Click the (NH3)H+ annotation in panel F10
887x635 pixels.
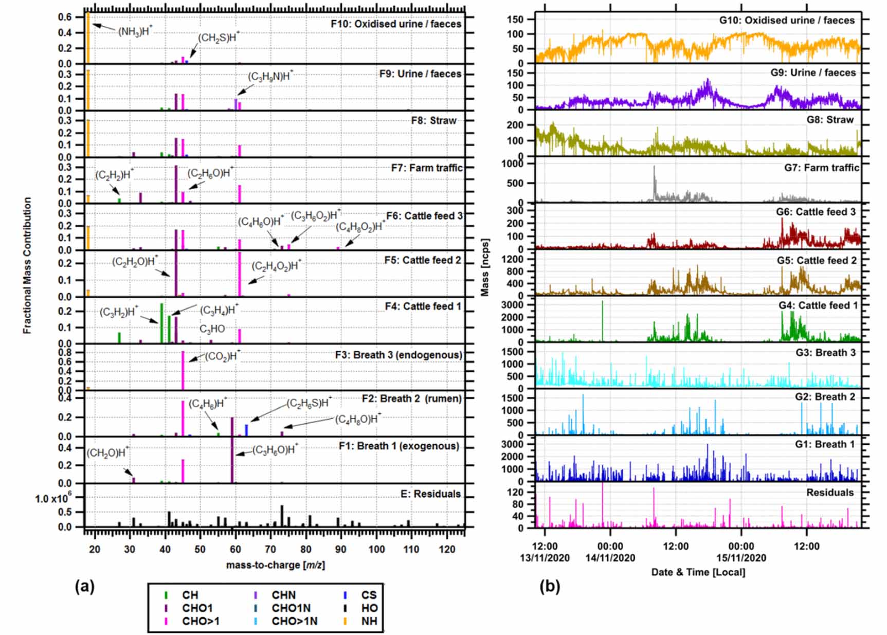tap(135, 31)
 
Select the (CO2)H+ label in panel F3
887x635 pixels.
tap(222, 356)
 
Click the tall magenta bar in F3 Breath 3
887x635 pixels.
tap(183, 370)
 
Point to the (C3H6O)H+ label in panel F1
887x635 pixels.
tap(275, 450)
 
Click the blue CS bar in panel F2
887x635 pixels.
tap(246, 430)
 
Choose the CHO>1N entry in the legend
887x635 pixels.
tap(294, 621)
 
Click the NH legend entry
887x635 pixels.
tap(368, 621)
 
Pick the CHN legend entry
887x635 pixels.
tap(283, 595)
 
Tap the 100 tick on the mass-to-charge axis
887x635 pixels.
tap(376, 549)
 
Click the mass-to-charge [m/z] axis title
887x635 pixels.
tap(275, 565)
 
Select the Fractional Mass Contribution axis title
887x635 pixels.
tap(27, 265)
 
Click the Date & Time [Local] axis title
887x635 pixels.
tap(698, 572)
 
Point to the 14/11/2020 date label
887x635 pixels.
tap(610, 558)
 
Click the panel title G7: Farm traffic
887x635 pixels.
tap(821, 168)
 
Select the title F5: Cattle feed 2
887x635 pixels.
tap(423, 260)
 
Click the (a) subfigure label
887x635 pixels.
tap(85, 586)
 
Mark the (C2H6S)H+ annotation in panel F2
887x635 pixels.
tap(309, 403)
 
